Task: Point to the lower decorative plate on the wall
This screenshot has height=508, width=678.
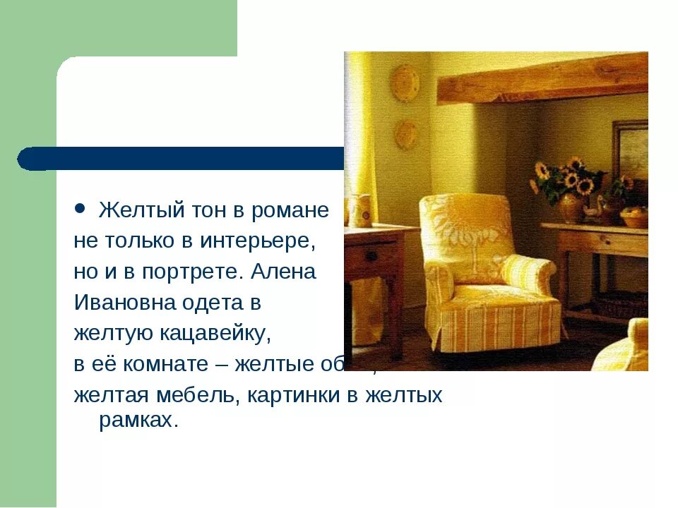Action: pos(406,133)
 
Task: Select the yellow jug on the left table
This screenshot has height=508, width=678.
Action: pos(361,210)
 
